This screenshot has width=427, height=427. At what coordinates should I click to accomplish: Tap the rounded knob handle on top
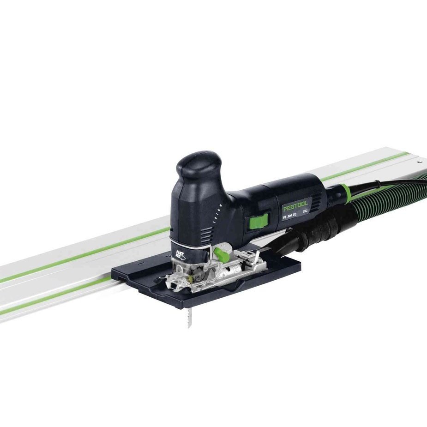tap(198, 164)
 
